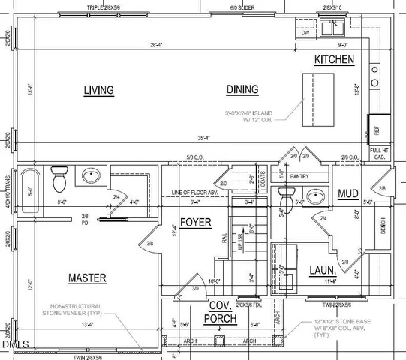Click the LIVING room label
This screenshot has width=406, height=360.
pos(98,90)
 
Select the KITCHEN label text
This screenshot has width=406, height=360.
pos(334,59)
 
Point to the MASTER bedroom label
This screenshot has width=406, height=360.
pos(87,277)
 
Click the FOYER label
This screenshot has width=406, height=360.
pos(194,223)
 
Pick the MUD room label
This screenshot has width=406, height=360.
pos(347,193)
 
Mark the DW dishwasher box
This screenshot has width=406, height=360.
pos(305,33)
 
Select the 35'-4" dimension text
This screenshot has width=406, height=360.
pos(202,138)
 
